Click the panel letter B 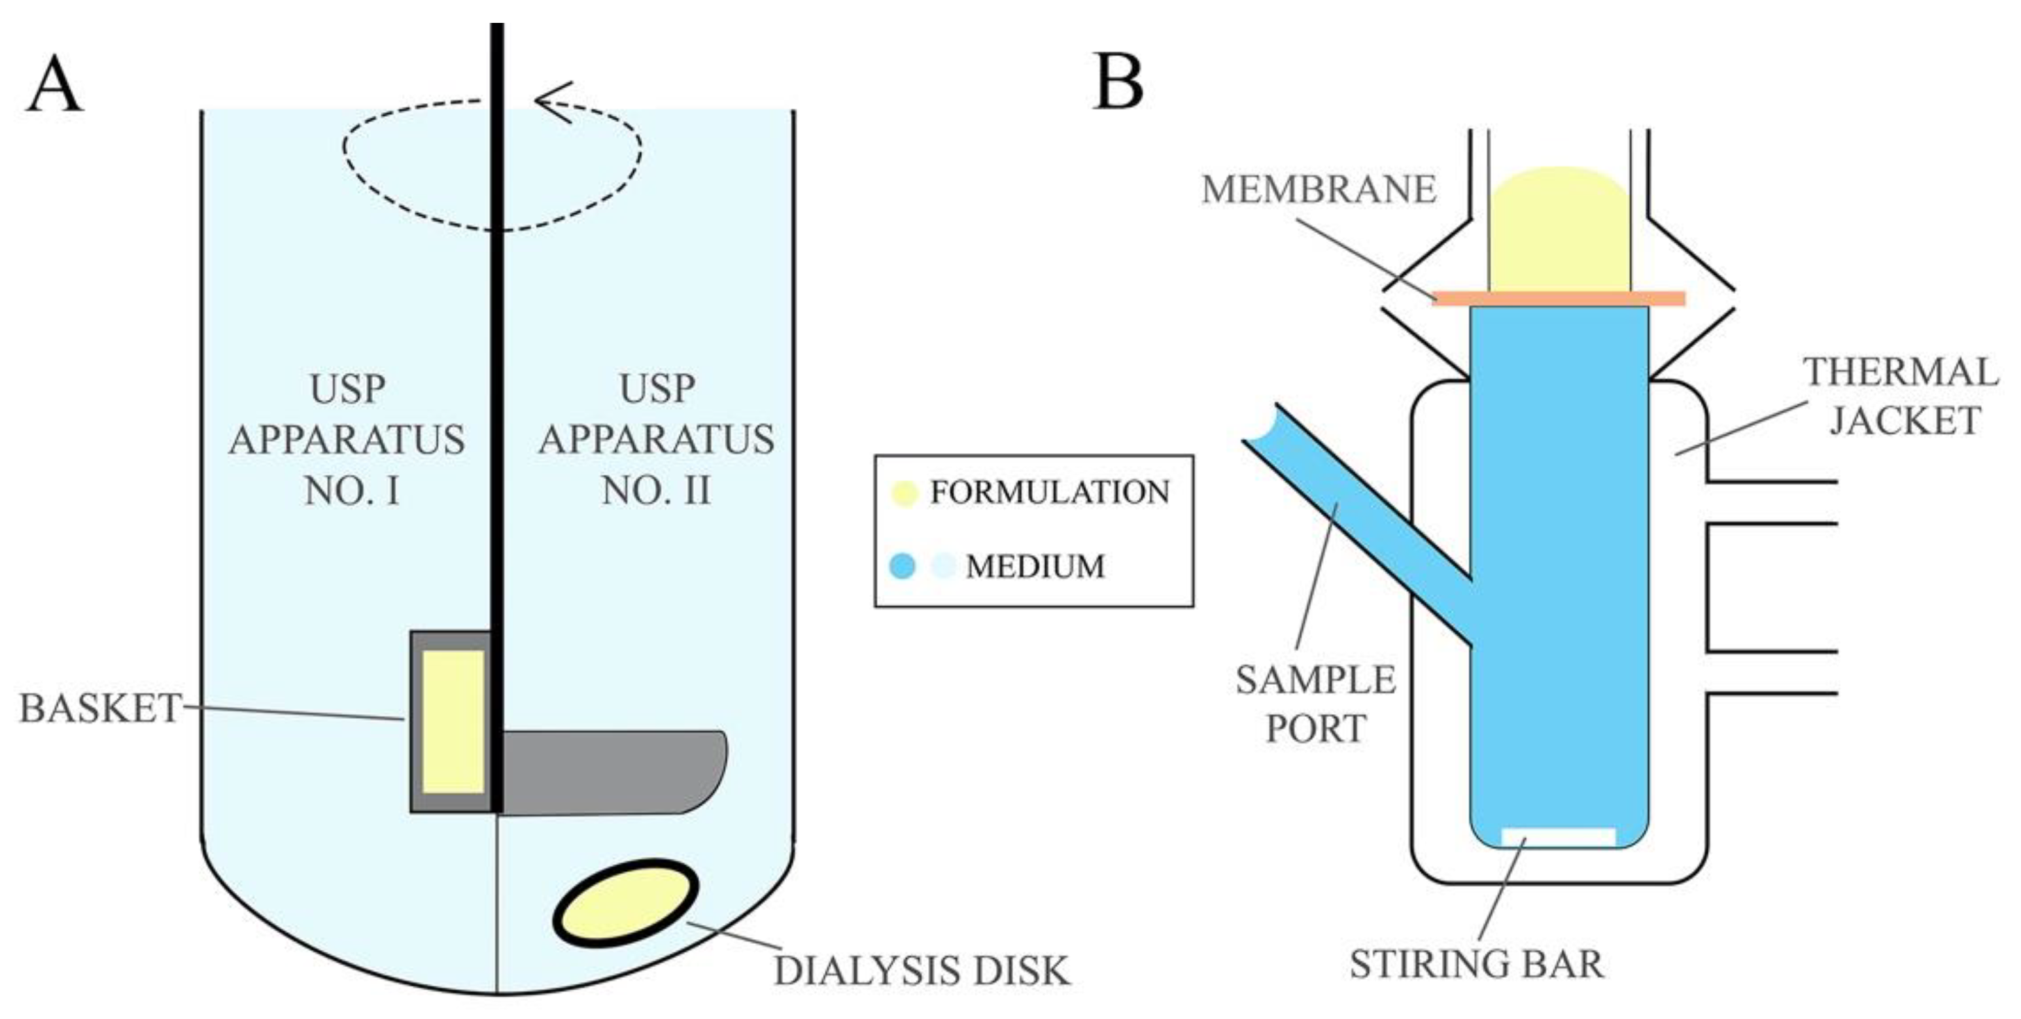[1118, 82]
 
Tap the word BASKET [99, 708]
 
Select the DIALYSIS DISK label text [921, 971]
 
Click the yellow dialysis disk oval [625, 903]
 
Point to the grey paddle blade [612, 772]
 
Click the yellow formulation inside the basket [453, 721]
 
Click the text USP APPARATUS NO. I [347, 440]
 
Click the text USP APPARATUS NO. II [656, 440]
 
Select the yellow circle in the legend [905, 493]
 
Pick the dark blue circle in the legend [903, 566]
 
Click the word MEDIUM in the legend [1035, 566]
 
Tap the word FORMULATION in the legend [1049, 492]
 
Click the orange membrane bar [1558, 298]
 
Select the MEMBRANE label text [1319, 189]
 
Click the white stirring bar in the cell [1558, 837]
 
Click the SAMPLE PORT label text [1316, 704]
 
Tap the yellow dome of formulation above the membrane [1560, 228]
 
